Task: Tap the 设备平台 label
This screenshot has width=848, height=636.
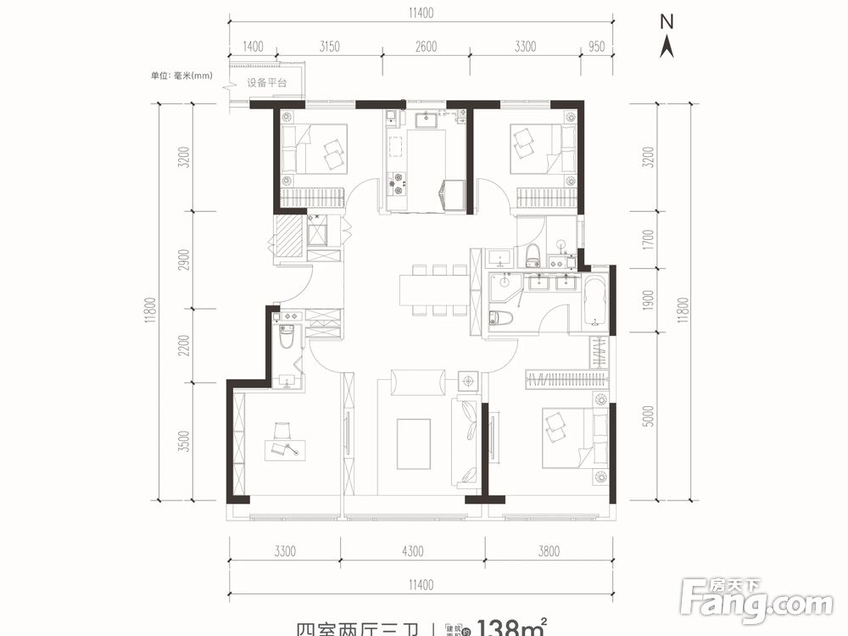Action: pyautogui.click(x=267, y=83)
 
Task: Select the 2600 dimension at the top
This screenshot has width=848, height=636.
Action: pyautogui.click(x=427, y=47)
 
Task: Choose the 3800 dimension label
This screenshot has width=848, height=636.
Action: pyautogui.click(x=549, y=552)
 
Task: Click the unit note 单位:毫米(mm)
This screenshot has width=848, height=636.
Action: pyautogui.click(x=181, y=75)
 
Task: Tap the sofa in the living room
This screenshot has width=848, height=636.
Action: pyautogui.click(x=466, y=440)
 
